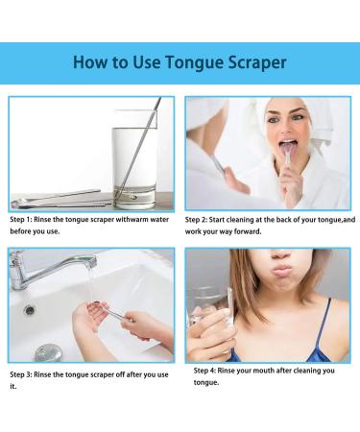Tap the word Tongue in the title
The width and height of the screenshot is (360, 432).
tap(178, 63)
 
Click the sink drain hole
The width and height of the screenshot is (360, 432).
tap(30, 310)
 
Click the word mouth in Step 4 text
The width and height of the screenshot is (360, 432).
tap(286, 370)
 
